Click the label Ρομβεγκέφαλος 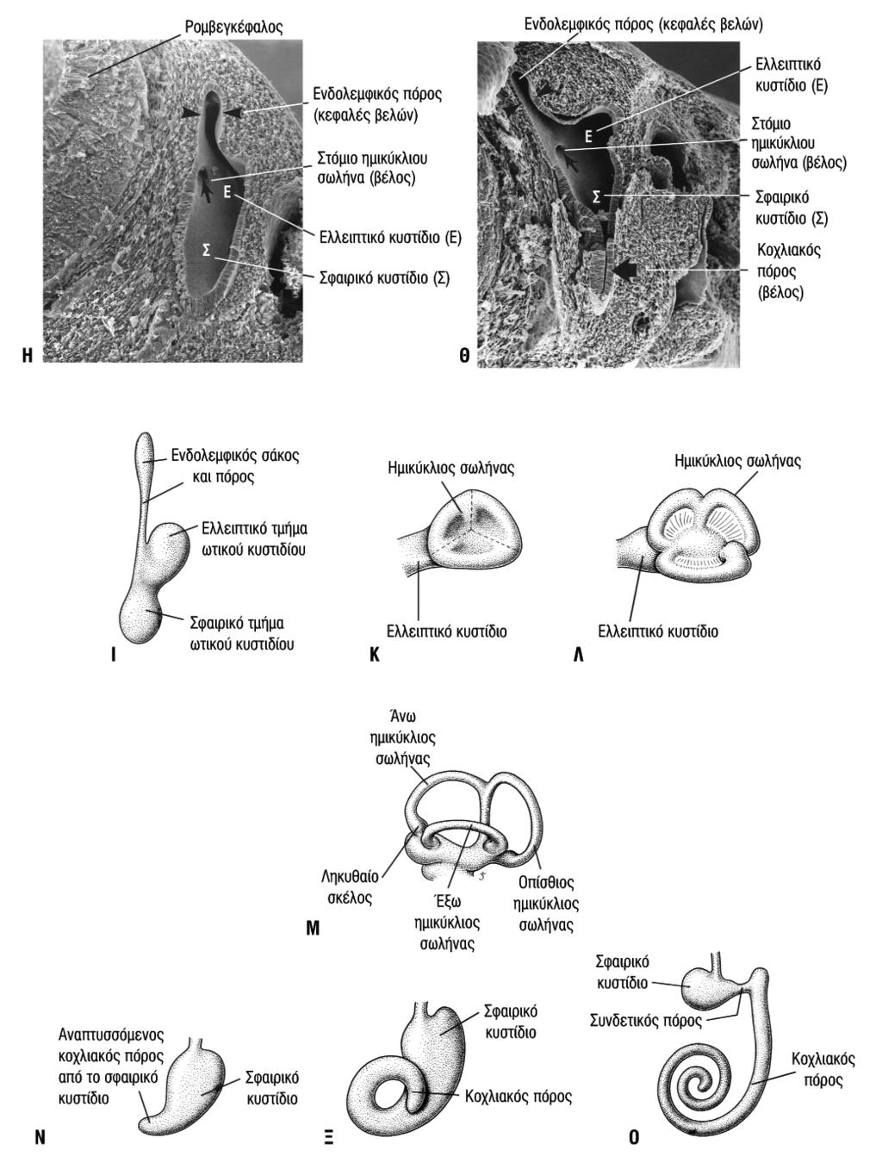[233, 28]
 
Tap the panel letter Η [28, 355]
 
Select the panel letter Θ [464, 356]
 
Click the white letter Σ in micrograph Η [206, 251]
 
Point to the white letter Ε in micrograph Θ [588, 137]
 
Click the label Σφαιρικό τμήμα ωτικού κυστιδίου [241, 633]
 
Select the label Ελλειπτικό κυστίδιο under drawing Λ [658, 631]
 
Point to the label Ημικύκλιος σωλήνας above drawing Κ [451, 468]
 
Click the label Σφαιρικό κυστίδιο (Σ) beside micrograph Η [385, 277]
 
